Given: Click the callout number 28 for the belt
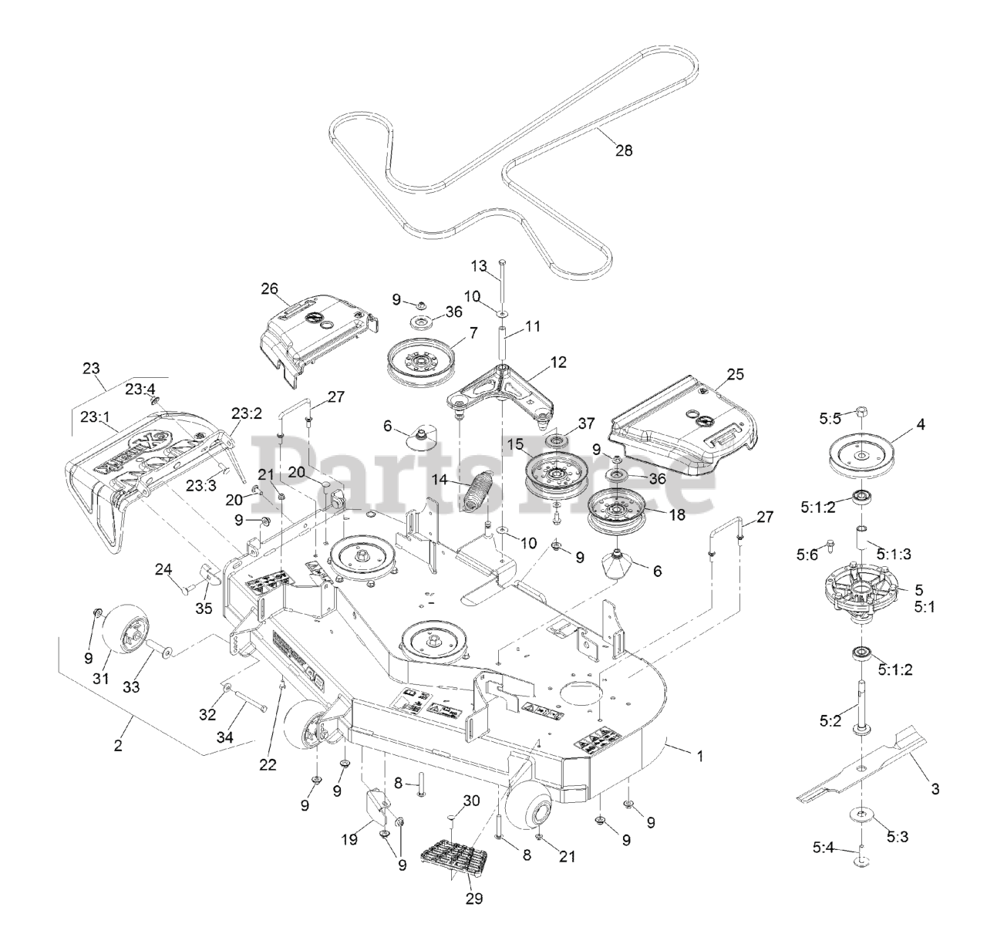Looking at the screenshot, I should pyautogui.click(x=623, y=150).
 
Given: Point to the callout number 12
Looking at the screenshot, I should pyautogui.click(x=558, y=361).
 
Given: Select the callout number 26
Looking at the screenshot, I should pyautogui.click(x=268, y=289).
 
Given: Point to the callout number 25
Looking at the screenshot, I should pyautogui.click(x=735, y=374).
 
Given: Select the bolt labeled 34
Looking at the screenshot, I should pyautogui.click(x=248, y=706).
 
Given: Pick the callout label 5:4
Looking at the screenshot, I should pyautogui.click(x=824, y=848).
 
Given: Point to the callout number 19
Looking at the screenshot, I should pyautogui.click(x=349, y=840).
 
